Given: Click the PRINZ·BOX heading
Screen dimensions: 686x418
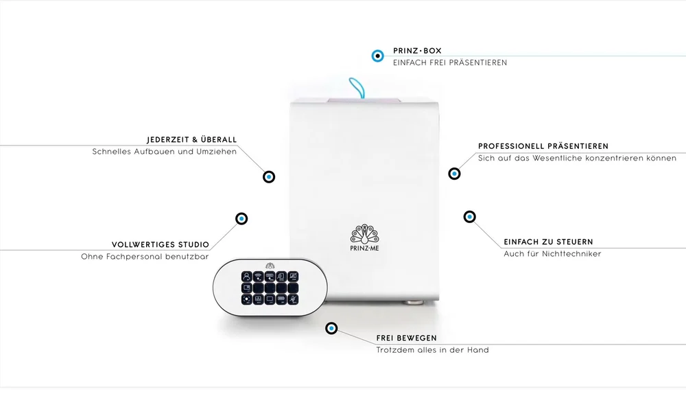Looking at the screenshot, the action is pyautogui.click(x=417, y=51).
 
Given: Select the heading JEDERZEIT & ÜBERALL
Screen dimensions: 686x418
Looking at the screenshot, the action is pyautogui.click(x=191, y=139).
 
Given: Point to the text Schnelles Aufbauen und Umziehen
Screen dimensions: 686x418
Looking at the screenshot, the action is pyautogui.click(x=165, y=152).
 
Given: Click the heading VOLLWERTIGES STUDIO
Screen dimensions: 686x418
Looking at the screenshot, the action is pyautogui.click(x=160, y=244).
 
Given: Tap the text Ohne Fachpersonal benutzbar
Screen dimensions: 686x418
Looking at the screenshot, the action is pyautogui.click(x=145, y=257).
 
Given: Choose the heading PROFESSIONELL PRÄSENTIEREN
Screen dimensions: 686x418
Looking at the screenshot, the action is pyautogui.click(x=543, y=146).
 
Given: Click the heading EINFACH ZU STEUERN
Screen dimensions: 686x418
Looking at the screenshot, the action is pyautogui.click(x=548, y=242).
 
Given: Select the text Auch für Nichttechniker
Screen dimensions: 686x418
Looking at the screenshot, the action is pyautogui.click(x=552, y=254).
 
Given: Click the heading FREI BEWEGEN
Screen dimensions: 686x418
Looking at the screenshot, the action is pyautogui.click(x=406, y=338).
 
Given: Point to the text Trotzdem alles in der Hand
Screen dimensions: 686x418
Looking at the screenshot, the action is pyautogui.click(x=433, y=350).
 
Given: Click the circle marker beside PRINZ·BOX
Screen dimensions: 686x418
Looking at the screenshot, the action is pyautogui.click(x=377, y=56).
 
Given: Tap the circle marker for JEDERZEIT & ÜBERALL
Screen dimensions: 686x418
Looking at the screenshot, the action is pyautogui.click(x=269, y=177).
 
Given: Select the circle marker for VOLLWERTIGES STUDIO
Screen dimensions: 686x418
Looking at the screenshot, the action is pyautogui.click(x=241, y=218).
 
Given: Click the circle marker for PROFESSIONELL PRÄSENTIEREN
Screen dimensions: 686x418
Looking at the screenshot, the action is pyautogui.click(x=455, y=174).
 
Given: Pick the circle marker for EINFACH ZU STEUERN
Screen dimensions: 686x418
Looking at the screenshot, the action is pyautogui.click(x=469, y=217).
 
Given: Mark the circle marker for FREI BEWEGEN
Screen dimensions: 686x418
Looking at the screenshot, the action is pyautogui.click(x=331, y=328).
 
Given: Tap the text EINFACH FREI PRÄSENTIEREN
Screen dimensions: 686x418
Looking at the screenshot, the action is pyautogui.click(x=450, y=62).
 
